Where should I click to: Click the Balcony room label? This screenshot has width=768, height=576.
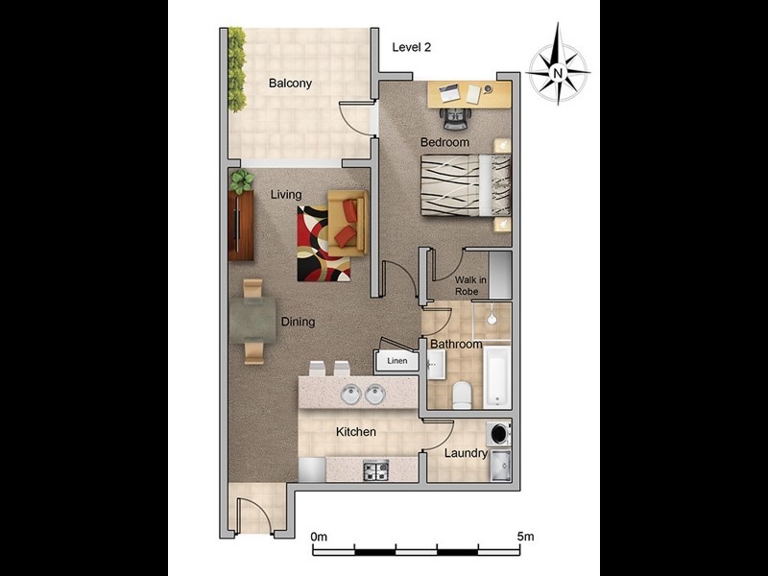pyautogui.click(x=290, y=84)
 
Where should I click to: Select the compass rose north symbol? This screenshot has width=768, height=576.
pyautogui.click(x=557, y=70)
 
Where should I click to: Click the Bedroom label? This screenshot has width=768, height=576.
pyautogui.click(x=444, y=143)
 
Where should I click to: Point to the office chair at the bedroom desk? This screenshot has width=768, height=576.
pyautogui.click(x=455, y=117)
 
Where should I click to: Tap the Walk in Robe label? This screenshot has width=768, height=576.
pyautogui.click(x=470, y=285)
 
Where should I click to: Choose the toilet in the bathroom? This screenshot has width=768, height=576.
pyautogui.click(x=462, y=394)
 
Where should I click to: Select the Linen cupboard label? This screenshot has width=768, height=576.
pyautogui.click(x=396, y=362)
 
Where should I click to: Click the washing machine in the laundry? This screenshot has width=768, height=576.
pyautogui.click(x=499, y=432)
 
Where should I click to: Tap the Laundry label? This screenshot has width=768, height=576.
pyautogui.click(x=466, y=453)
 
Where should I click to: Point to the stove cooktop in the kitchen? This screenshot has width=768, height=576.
pyautogui.click(x=374, y=470)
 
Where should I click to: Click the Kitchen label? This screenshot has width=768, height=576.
pyautogui.click(x=355, y=432)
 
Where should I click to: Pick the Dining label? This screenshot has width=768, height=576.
pyautogui.click(x=298, y=323)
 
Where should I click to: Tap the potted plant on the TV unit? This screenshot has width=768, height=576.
pyautogui.click(x=242, y=180)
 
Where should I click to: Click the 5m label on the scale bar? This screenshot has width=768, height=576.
pyautogui.click(x=524, y=536)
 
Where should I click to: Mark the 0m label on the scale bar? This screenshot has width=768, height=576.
pyautogui.click(x=320, y=536)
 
